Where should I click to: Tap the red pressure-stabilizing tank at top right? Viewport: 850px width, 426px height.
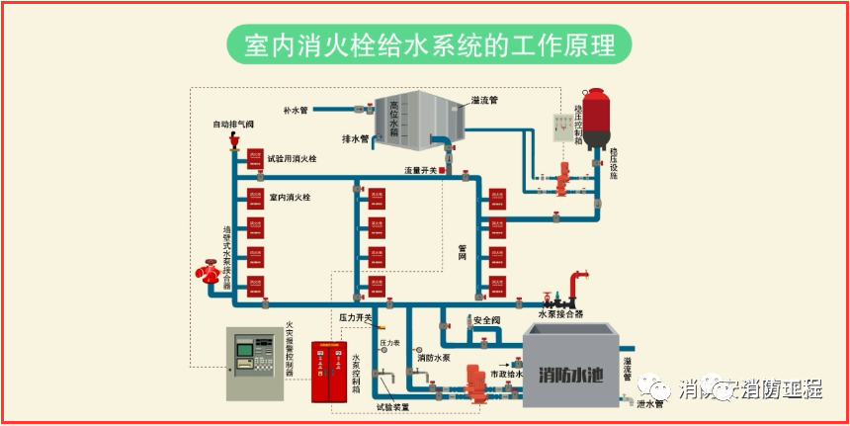(595, 119)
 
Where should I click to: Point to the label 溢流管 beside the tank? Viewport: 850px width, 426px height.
(484, 100)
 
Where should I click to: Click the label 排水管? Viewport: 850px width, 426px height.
(355, 139)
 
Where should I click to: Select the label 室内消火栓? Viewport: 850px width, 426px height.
(290, 198)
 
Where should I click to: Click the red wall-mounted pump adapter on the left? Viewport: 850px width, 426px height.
(211, 271)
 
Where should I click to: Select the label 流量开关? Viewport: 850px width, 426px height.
(420, 171)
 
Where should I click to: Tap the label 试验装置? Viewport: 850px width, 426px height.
(392, 406)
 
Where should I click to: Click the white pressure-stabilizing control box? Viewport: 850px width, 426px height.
(566, 129)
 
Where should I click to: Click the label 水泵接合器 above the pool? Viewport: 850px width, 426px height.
(558, 314)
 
